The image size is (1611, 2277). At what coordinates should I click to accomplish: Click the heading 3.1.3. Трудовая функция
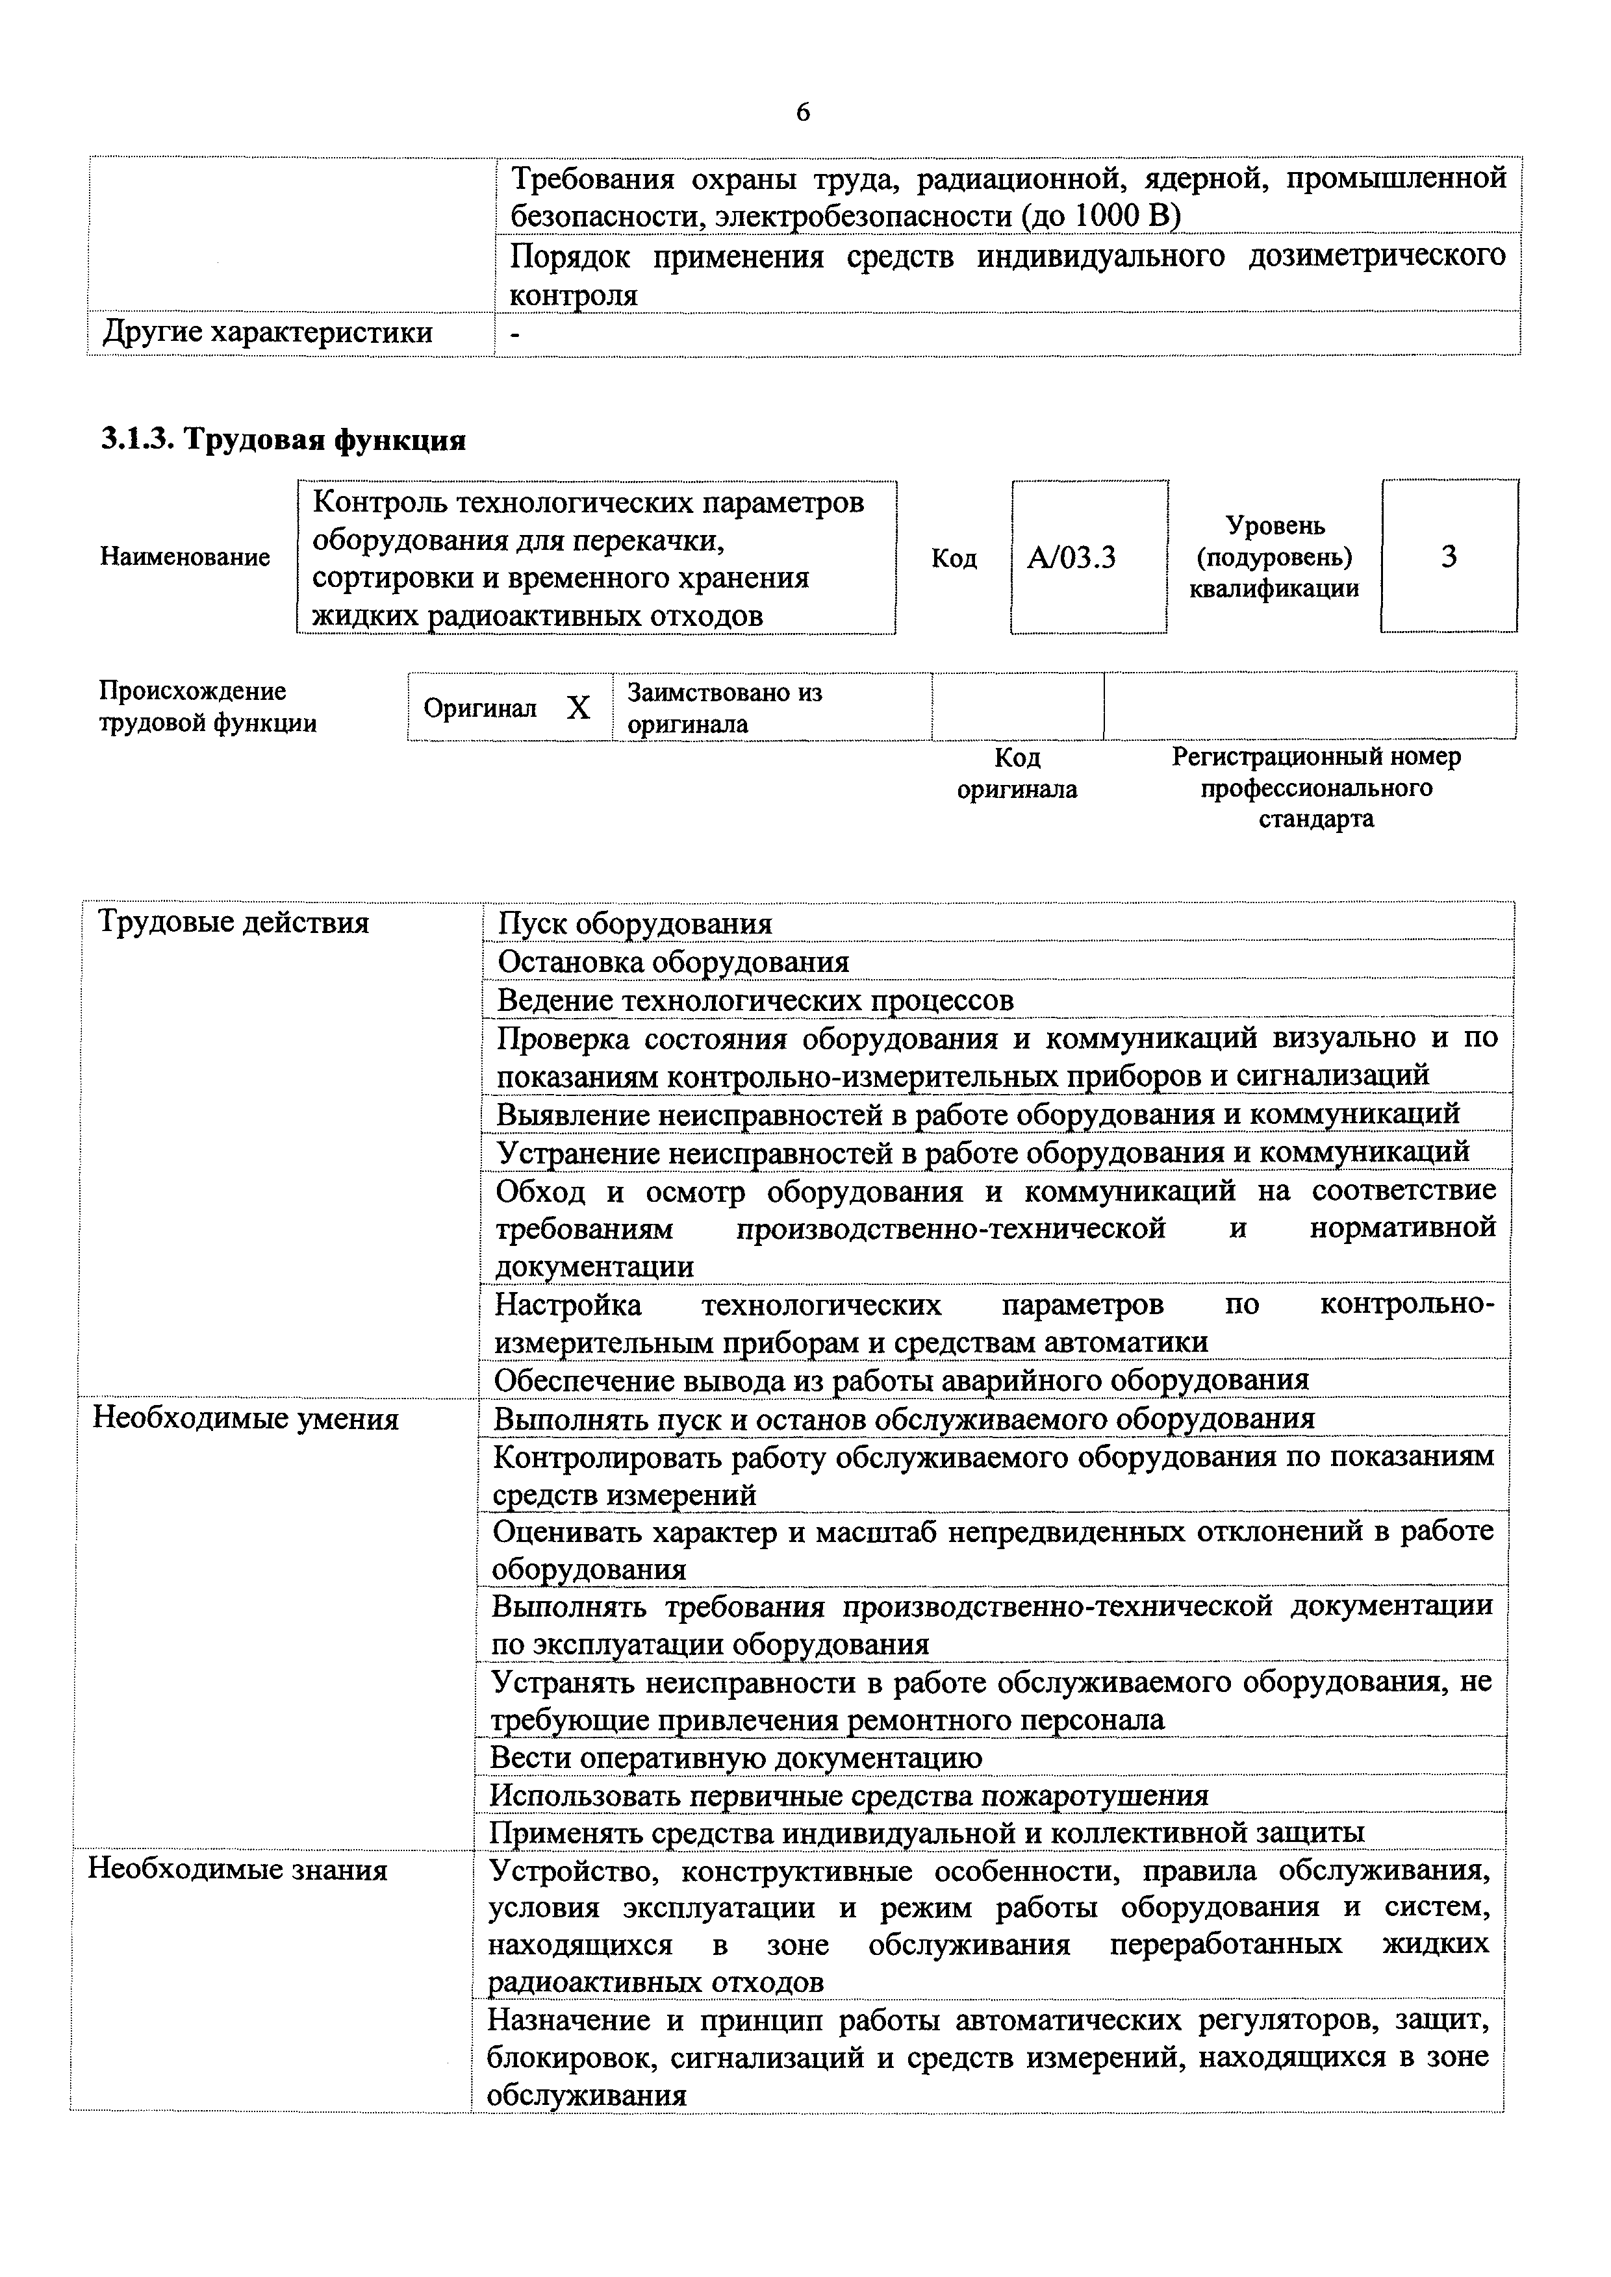[284, 438]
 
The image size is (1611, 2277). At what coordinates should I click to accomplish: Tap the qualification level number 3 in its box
[1449, 557]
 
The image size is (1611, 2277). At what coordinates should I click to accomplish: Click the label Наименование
[184, 557]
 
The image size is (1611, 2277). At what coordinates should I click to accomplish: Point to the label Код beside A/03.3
[954, 559]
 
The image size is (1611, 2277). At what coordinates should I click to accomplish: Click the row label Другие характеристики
[268, 333]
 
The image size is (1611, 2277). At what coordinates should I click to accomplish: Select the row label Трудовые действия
[233, 923]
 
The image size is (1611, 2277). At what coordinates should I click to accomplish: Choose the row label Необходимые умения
[246, 1419]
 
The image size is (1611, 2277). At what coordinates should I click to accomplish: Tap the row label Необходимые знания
[238, 1869]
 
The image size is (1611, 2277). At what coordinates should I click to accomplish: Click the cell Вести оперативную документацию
[736, 1758]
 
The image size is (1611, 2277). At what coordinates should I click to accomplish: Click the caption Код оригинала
[1017, 773]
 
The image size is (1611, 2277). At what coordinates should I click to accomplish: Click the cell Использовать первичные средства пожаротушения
[849, 1795]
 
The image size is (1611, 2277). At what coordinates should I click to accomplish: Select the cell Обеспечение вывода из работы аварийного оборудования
[901, 1380]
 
